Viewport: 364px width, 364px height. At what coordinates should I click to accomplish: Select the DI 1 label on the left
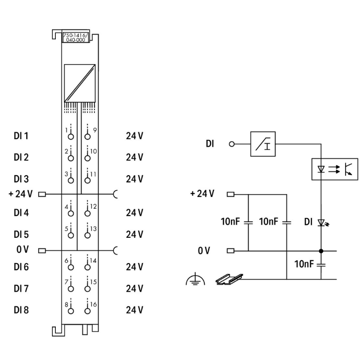pos(20,136)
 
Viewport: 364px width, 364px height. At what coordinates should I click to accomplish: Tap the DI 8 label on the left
pos(20,310)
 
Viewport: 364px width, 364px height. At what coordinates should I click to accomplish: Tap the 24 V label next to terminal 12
pos(134,213)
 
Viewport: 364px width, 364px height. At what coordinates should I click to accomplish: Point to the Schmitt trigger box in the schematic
pos(263,144)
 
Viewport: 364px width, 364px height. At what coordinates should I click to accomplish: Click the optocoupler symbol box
pos(334,169)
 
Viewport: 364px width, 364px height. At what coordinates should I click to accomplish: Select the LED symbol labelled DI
pos(321,223)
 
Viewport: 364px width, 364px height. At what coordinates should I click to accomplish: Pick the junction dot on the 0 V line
pos(321,251)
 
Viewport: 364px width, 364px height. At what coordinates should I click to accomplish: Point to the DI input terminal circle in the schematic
pos(232,144)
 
